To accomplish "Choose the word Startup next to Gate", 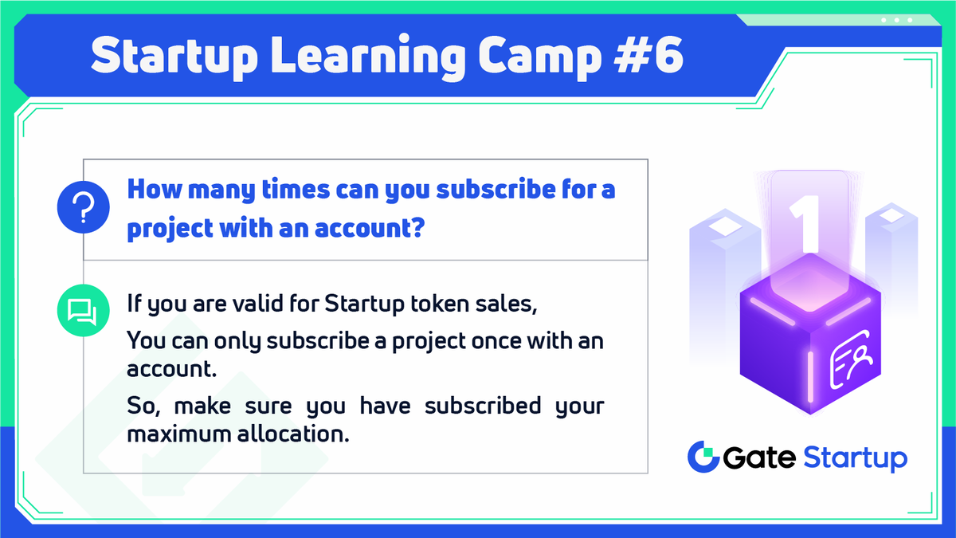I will tap(855, 459).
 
